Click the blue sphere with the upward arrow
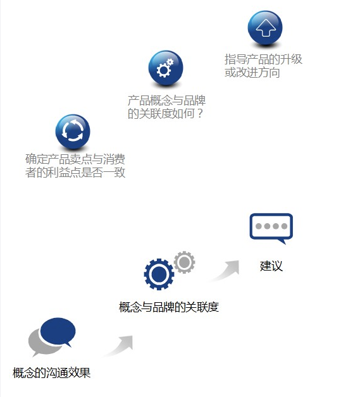265,28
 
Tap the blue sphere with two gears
166,68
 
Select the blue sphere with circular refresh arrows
73,131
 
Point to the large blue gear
159,274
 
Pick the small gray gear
185,262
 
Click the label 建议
271,266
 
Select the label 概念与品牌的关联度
169,307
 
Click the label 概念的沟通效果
51,373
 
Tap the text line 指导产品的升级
263,59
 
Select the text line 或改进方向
252,73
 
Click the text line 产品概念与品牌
166,101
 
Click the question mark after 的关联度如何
200,113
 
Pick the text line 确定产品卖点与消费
75,159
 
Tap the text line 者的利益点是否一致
75,173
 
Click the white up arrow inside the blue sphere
266,28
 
